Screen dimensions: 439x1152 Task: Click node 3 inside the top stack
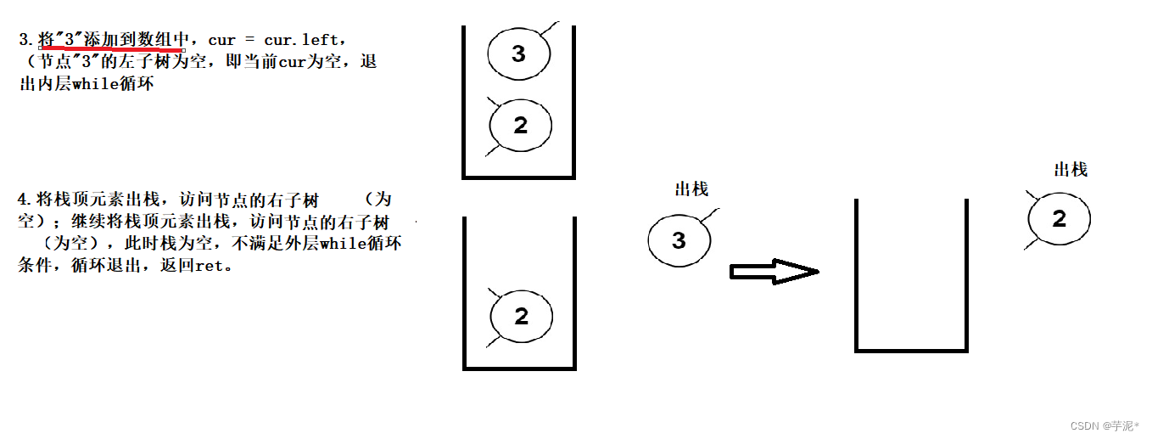tap(518, 54)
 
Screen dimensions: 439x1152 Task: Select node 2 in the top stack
tap(520, 126)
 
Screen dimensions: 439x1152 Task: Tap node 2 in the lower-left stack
tap(521, 317)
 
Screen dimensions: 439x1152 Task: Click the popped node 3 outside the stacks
tap(679, 240)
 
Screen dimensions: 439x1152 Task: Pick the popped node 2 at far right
tap(1059, 219)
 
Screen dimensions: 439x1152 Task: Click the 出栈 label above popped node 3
tap(691, 189)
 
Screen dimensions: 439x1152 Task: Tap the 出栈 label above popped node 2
tap(1070, 169)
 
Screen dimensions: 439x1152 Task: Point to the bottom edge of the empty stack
tap(911, 349)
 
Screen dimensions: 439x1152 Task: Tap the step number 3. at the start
tap(26, 40)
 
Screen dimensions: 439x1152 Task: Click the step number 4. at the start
tap(25, 200)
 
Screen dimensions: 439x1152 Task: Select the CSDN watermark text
tap(1104, 425)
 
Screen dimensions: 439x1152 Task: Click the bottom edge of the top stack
tap(518, 177)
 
